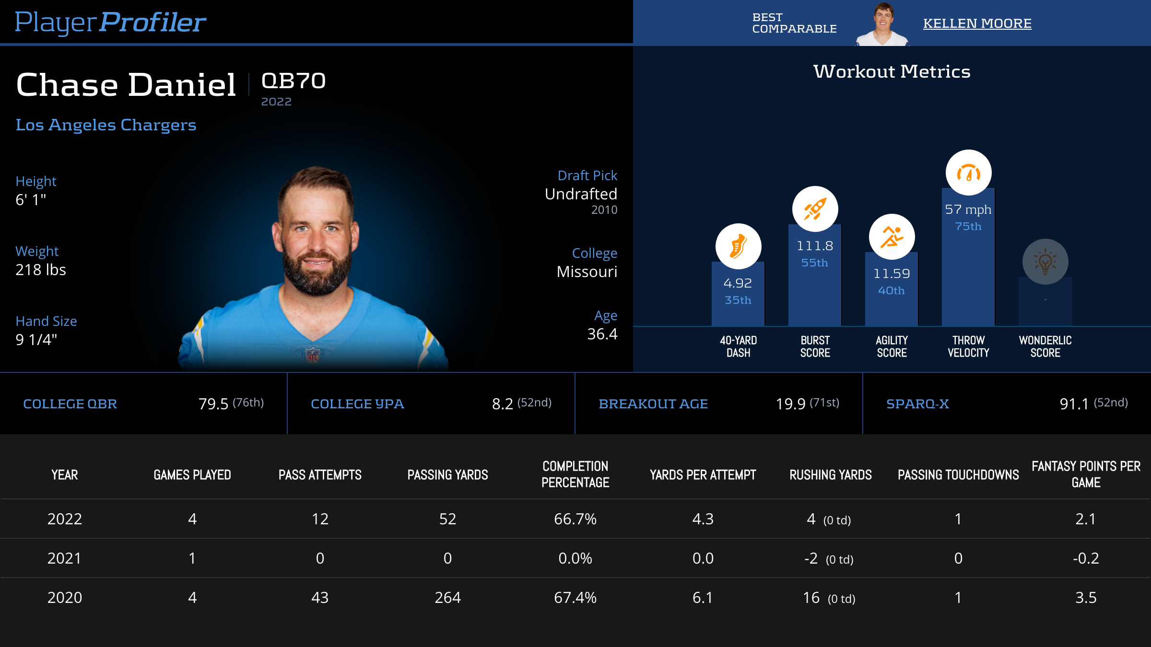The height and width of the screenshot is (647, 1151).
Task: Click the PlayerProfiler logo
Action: pos(110,23)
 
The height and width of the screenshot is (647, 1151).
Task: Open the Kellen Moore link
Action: pos(977,23)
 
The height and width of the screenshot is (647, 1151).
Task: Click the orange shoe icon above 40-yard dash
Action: pos(738,246)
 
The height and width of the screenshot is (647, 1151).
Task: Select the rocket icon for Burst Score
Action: pos(815,209)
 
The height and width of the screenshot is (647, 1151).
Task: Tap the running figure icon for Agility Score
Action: pos(892,237)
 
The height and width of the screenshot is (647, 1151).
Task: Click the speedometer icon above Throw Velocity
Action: pos(968,173)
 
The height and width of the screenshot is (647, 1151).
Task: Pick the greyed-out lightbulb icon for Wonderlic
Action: pos(1045,262)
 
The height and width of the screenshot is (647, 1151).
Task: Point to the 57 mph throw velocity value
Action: pos(968,209)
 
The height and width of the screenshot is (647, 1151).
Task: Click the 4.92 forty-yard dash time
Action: pos(738,283)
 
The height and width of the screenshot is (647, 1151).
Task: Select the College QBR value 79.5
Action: pos(213,404)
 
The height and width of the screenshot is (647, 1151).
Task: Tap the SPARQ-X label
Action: pos(917,404)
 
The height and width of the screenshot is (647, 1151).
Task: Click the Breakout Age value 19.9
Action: pos(790,404)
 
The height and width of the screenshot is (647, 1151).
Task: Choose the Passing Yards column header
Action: pos(447,475)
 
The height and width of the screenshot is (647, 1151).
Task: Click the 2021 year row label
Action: pos(65,558)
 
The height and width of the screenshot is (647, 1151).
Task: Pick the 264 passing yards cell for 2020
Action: pos(447,598)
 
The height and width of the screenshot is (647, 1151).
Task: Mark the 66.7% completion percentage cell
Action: pos(575,519)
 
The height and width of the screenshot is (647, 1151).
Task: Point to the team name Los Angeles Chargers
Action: pos(106,125)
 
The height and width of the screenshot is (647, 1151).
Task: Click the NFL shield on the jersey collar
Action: pos(313,355)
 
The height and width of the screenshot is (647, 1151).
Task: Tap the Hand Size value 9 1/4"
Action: pos(36,340)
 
